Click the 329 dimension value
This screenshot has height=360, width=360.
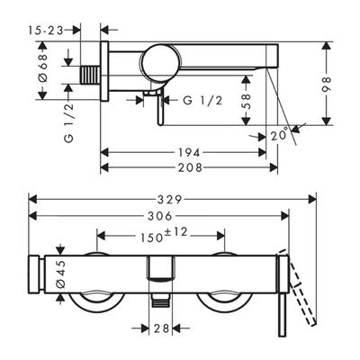[171, 200]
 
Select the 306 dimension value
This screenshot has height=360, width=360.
[160, 216]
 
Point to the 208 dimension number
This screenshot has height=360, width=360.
[190, 167]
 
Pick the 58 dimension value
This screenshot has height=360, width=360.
[246, 101]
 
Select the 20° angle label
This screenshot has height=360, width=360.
[279, 135]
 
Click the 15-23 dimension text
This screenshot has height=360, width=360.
[46, 30]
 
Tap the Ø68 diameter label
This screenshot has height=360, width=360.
[43, 67]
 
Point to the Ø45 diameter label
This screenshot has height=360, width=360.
[60, 274]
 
